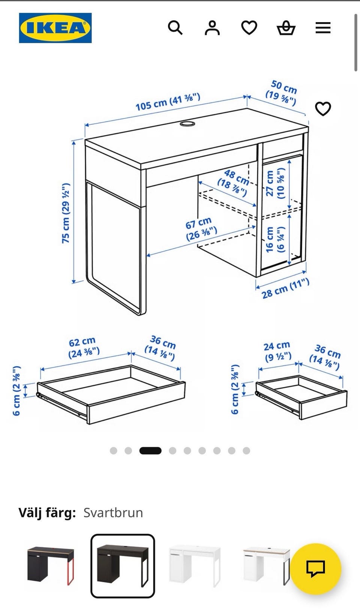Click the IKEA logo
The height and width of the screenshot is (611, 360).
(x=55, y=28)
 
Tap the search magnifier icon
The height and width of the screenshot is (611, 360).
(x=175, y=28)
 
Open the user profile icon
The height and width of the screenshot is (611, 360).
(x=212, y=28)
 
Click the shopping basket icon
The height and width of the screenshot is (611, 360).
(x=286, y=28)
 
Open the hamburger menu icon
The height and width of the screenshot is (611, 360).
(x=323, y=28)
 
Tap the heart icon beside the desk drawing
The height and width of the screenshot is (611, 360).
(x=323, y=109)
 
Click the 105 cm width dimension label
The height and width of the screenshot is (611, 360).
(x=168, y=102)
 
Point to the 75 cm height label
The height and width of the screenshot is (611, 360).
(x=66, y=213)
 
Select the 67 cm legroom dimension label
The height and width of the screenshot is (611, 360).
(x=201, y=229)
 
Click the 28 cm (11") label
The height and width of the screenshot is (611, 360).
(x=285, y=288)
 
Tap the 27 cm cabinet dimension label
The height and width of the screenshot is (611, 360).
(x=275, y=183)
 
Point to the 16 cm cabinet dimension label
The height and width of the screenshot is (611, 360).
(x=275, y=239)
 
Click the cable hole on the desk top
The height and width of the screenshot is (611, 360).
(x=187, y=124)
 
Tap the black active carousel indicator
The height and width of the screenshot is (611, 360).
(x=150, y=451)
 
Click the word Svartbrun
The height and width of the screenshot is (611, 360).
(x=113, y=513)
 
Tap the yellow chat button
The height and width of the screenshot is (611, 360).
(x=315, y=569)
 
